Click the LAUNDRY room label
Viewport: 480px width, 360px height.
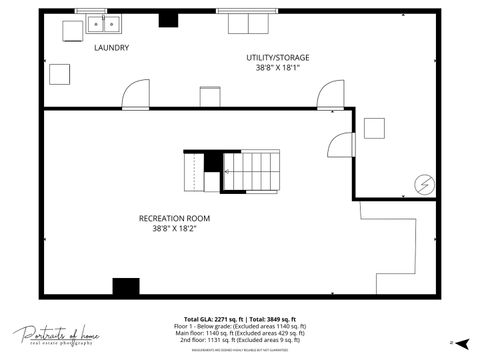point(111,48)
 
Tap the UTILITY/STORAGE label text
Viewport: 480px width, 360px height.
point(277,58)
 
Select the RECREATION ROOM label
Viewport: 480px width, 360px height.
point(174,218)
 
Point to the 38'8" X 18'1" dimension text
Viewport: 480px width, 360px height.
point(277,69)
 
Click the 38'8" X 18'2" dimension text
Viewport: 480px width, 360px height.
point(174,228)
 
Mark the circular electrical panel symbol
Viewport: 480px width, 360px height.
point(424,184)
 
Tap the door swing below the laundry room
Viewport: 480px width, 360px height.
point(135,95)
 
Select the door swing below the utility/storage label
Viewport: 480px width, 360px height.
point(329,96)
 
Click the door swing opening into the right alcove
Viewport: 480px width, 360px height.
point(341,146)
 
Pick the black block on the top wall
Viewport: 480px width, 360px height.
point(168,19)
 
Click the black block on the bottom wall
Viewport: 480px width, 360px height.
point(126,287)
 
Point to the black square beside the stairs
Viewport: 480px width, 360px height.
point(212,162)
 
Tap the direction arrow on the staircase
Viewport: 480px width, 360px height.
point(227,172)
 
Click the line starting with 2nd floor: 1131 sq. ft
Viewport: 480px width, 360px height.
point(240,340)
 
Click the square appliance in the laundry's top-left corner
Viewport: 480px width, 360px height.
point(73,31)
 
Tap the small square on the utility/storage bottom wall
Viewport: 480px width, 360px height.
point(209,97)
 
